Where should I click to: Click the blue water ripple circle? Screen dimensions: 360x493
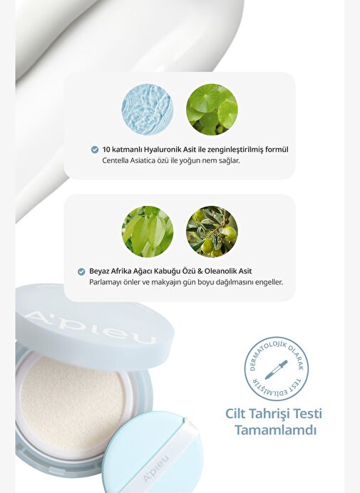(x=148, y=110)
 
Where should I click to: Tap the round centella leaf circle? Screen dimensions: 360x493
(x=212, y=110)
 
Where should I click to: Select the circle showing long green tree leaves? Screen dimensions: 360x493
(x=148, y=232)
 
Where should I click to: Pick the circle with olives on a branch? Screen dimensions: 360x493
(x=212, y=232)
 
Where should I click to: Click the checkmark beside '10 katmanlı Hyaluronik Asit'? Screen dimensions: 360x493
(x=95, y=150)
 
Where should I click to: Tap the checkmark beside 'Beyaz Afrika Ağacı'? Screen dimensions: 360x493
(x=81, y=271)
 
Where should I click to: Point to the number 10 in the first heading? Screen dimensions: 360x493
(x=106, y=150)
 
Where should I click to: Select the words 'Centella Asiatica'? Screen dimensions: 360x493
(x=129, y=161)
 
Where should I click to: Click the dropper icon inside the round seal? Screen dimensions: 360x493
(x=276, y=370)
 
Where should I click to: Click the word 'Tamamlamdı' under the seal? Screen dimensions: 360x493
(x=275, y=430)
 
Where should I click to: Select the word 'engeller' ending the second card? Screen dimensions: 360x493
(x=270, y=282)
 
